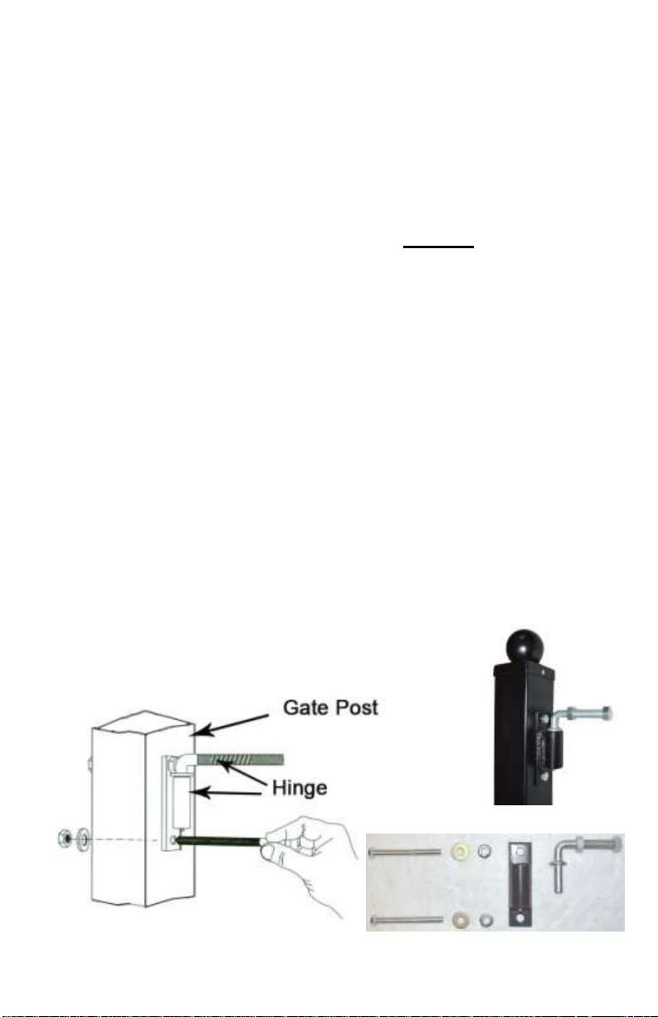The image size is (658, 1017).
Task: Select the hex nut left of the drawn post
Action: click(x=61, y=833)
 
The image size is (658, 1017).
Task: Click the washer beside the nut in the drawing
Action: click(x=83, y=833)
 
